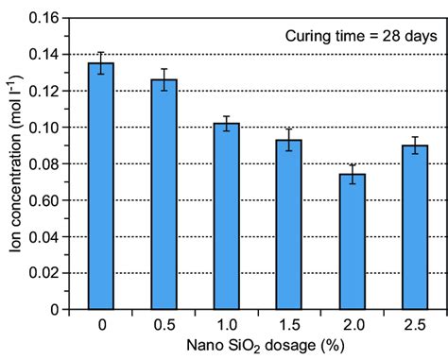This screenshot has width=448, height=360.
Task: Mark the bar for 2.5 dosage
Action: (415, 227)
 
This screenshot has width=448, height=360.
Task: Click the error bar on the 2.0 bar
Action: (352, 174)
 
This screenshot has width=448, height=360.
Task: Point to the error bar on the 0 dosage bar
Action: (100, 63)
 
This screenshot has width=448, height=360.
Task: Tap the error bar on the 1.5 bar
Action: (289, 140)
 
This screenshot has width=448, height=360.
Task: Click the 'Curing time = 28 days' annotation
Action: (361, 37)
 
